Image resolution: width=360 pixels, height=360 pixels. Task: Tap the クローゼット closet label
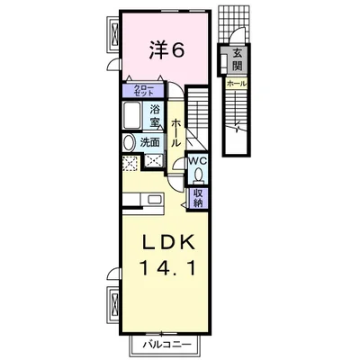coord(144,90)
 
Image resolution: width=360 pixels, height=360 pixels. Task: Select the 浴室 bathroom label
coord(155,116)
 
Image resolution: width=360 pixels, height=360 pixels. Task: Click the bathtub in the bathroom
coord(131,115)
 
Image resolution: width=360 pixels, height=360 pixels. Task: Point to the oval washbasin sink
coord(129,143)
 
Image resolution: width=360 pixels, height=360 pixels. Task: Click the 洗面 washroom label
coord(150,143)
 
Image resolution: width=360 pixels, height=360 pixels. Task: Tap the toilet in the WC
coord(198,175)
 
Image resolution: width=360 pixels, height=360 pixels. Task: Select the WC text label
coord(197,161)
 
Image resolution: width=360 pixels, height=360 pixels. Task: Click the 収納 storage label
coord(198,198)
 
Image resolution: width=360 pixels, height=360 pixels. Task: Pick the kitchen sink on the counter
coord(155,200)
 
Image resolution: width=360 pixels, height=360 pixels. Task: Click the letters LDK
coord(168,242)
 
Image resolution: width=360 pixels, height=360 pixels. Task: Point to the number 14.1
coord(167,268)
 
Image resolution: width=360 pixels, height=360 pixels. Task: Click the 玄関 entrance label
coord(238,59)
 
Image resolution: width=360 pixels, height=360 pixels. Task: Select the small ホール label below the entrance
coord(237,84)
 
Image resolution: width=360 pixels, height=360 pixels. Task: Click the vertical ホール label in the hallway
coord(175,133)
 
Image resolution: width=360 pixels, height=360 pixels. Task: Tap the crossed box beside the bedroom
coord(114,33)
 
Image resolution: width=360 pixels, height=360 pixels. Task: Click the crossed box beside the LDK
coord(114,302)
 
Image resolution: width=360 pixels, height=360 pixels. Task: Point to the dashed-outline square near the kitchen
coord(130,163)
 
